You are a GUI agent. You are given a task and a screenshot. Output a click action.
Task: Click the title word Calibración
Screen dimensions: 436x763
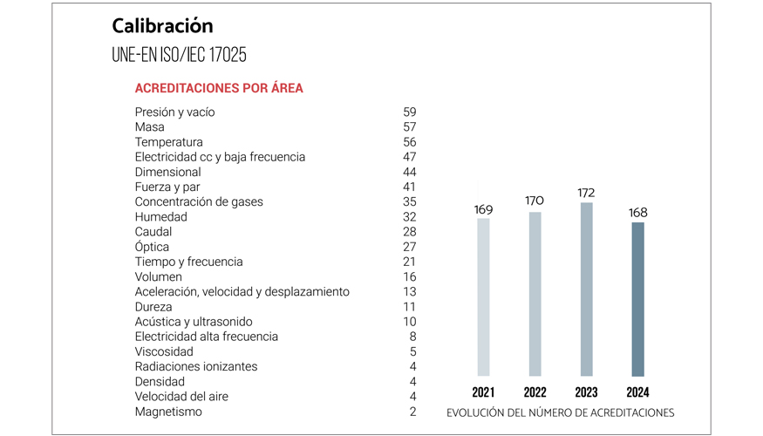[x=162, y=25]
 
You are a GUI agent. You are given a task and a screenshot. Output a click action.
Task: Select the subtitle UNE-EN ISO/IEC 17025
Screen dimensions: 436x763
[x=179, y=55]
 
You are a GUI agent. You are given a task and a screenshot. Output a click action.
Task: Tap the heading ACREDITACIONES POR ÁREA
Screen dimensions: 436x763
[x=219, y=89]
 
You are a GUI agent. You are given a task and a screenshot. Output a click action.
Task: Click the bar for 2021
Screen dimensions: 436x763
[x=483, y=296]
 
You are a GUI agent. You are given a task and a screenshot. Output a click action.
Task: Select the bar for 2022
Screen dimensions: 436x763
[x=535, y=294]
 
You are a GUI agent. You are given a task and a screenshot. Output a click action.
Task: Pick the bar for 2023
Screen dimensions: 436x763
[x=586, y=289]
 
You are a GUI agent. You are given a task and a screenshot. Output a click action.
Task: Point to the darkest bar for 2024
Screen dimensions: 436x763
[x=637, y=299]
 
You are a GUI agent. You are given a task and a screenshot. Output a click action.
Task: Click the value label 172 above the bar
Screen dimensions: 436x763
[x=586, y=192]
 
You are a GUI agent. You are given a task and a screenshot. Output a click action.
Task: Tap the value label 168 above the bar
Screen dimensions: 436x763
[x=637, y=212]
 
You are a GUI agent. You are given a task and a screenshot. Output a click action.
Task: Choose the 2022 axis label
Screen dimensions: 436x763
[x=535, y=392]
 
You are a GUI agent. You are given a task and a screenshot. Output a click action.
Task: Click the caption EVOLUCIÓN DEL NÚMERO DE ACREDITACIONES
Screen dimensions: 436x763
[x=560, y=412]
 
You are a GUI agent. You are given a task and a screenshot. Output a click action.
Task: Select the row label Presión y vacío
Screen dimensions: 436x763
[x=174, y=112]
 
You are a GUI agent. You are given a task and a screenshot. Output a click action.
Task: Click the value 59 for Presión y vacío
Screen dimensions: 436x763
[x=409, y=112]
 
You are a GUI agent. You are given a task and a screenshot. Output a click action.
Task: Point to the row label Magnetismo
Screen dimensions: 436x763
[x=168, y=412]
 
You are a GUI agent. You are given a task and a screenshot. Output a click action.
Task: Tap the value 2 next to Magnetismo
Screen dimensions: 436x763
[x=412, y=412]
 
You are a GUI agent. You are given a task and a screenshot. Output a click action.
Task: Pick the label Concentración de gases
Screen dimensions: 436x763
[x=199, y=202]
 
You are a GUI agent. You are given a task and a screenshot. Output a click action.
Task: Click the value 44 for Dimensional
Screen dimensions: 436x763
[x=409, y=173]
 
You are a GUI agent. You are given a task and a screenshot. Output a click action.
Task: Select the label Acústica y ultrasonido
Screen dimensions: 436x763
[x=194, y=322]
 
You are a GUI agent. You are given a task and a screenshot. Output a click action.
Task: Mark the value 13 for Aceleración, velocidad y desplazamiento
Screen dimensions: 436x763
[x=409, y=292]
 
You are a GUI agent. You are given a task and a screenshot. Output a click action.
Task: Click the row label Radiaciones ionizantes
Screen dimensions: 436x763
[x=196, y=367]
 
